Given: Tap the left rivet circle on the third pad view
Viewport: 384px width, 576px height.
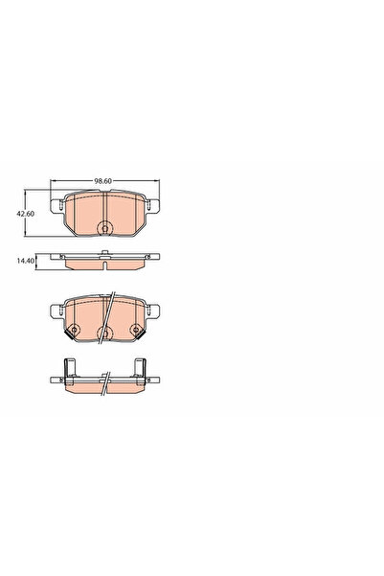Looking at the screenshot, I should tap(74, 332).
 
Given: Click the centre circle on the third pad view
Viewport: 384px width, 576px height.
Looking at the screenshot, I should tap(104, 332).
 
